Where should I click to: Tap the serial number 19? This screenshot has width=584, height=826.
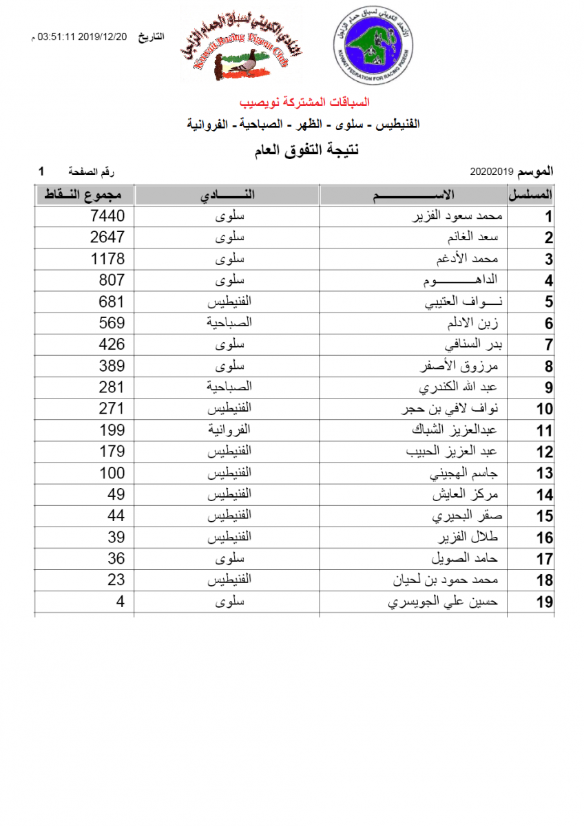point(545,603)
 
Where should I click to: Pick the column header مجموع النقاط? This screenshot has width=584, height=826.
point(84,195)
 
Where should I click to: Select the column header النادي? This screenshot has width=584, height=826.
point(227,195)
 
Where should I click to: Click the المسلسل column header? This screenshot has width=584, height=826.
point(531,195)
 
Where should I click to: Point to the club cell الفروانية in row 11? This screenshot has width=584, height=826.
point(229,430)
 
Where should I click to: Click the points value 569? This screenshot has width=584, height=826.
point(111,323)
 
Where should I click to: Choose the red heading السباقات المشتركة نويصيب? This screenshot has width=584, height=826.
point(304,103)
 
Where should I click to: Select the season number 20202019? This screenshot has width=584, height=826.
point(493,170)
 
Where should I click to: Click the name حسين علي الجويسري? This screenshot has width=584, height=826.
point(444,603)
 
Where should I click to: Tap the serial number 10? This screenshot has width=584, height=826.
point(545,410)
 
